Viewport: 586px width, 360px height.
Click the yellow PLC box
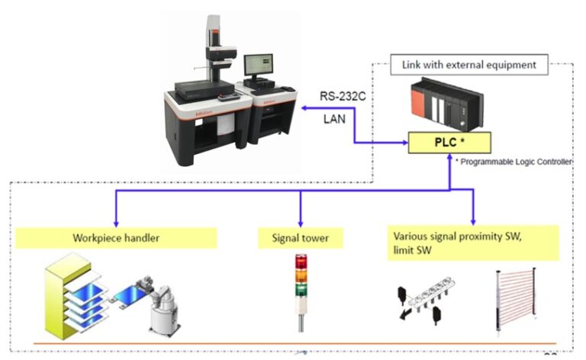[x=448, y=142]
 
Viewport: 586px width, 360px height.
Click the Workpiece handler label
[x=117, y=237]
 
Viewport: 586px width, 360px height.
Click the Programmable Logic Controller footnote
[x=514, y=162]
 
